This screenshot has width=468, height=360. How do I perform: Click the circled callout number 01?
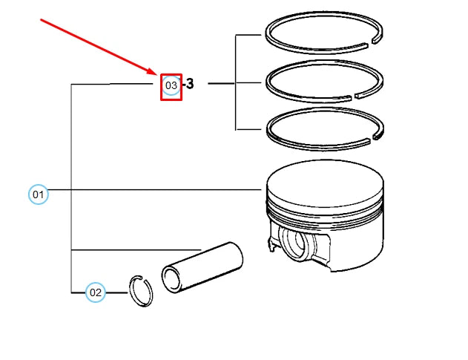[x=38, y=195]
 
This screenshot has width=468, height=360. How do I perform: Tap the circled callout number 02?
[x=95, y=292]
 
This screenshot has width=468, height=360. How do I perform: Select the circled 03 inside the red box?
[x=171, y=86]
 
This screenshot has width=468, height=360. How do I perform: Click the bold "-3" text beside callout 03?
[x=189, y=85]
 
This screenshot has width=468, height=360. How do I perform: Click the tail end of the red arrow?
[x=41, y=20]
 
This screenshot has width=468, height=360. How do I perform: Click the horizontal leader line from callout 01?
[x=148, y=190]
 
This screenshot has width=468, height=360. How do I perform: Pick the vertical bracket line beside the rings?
[x=236, y=82]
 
